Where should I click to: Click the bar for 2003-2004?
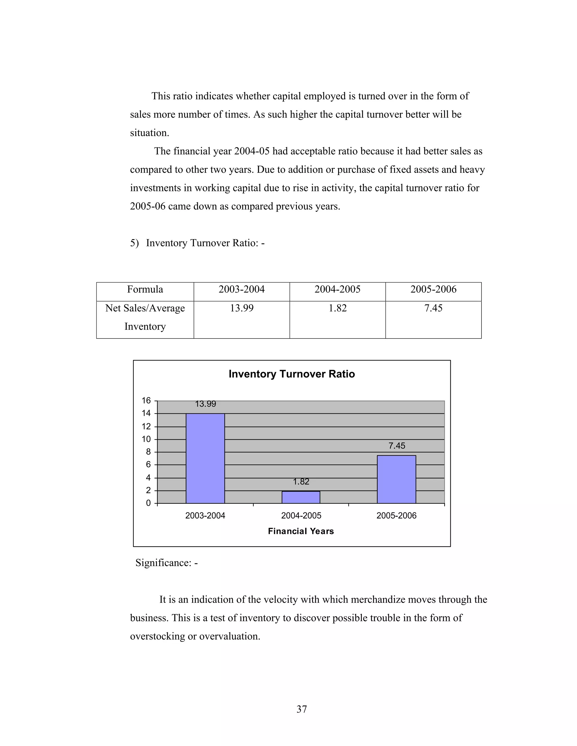[205, 458]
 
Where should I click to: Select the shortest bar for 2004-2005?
[301, 497]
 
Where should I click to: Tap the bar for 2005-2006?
[396, 479]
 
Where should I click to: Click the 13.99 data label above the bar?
[205, 404]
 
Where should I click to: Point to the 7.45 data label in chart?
[396, 446]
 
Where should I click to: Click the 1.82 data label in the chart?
[301, 481]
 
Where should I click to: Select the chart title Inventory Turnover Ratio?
[291, 374]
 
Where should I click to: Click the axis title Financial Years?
[301, 531]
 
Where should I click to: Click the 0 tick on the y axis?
[148, 503]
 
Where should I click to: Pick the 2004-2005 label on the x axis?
[301, 516]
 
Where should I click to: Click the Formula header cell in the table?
[145, 290]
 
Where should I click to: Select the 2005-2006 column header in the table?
[433, 290]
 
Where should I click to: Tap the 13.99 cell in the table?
[241, 308]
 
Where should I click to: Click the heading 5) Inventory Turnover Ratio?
[197, 243]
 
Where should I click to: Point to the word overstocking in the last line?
[157, 636]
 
